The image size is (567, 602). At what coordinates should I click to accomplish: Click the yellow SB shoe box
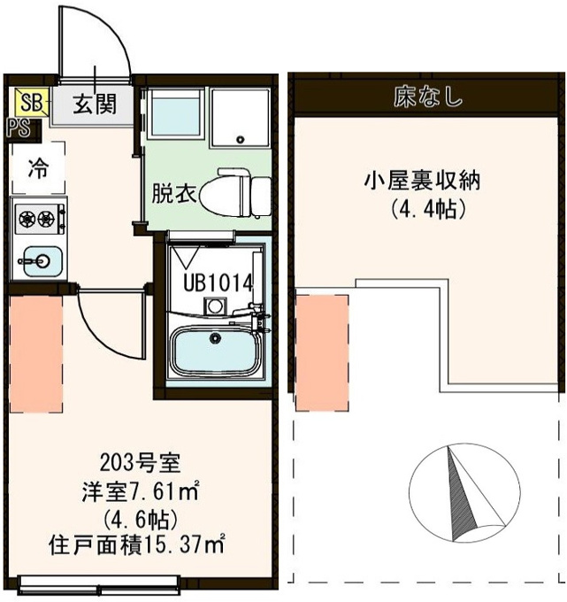[x=32, y=102]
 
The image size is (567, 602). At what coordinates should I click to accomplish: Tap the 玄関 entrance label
[x=95, y=104]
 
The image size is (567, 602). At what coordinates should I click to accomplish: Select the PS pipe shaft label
[x=19, y=128]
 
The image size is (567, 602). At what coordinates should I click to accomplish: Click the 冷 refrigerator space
[x=38, y=168]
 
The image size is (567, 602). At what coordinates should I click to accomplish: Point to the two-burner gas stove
[x=40, y=219]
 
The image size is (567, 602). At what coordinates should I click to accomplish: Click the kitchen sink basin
[x=42, y=261]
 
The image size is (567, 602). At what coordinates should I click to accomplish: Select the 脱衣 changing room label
[x=174, y=194]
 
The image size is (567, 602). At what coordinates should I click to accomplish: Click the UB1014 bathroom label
[x=218, y=283]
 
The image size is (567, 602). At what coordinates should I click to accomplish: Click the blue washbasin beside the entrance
[x=176, y=113]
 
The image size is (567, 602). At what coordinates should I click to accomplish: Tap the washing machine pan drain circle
[x=241, y=139]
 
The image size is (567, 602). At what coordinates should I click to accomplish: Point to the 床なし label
[x=428, y=97]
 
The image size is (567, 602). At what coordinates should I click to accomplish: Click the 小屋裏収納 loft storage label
[x=422, y=181]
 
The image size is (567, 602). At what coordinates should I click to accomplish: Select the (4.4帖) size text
[x=428, y=210]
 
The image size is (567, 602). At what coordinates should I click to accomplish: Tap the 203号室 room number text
[x=140, y=463]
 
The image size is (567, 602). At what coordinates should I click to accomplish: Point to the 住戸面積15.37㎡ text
[x=136, y=544]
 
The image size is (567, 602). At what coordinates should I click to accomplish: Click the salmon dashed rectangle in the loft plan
[x=322, y=352]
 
